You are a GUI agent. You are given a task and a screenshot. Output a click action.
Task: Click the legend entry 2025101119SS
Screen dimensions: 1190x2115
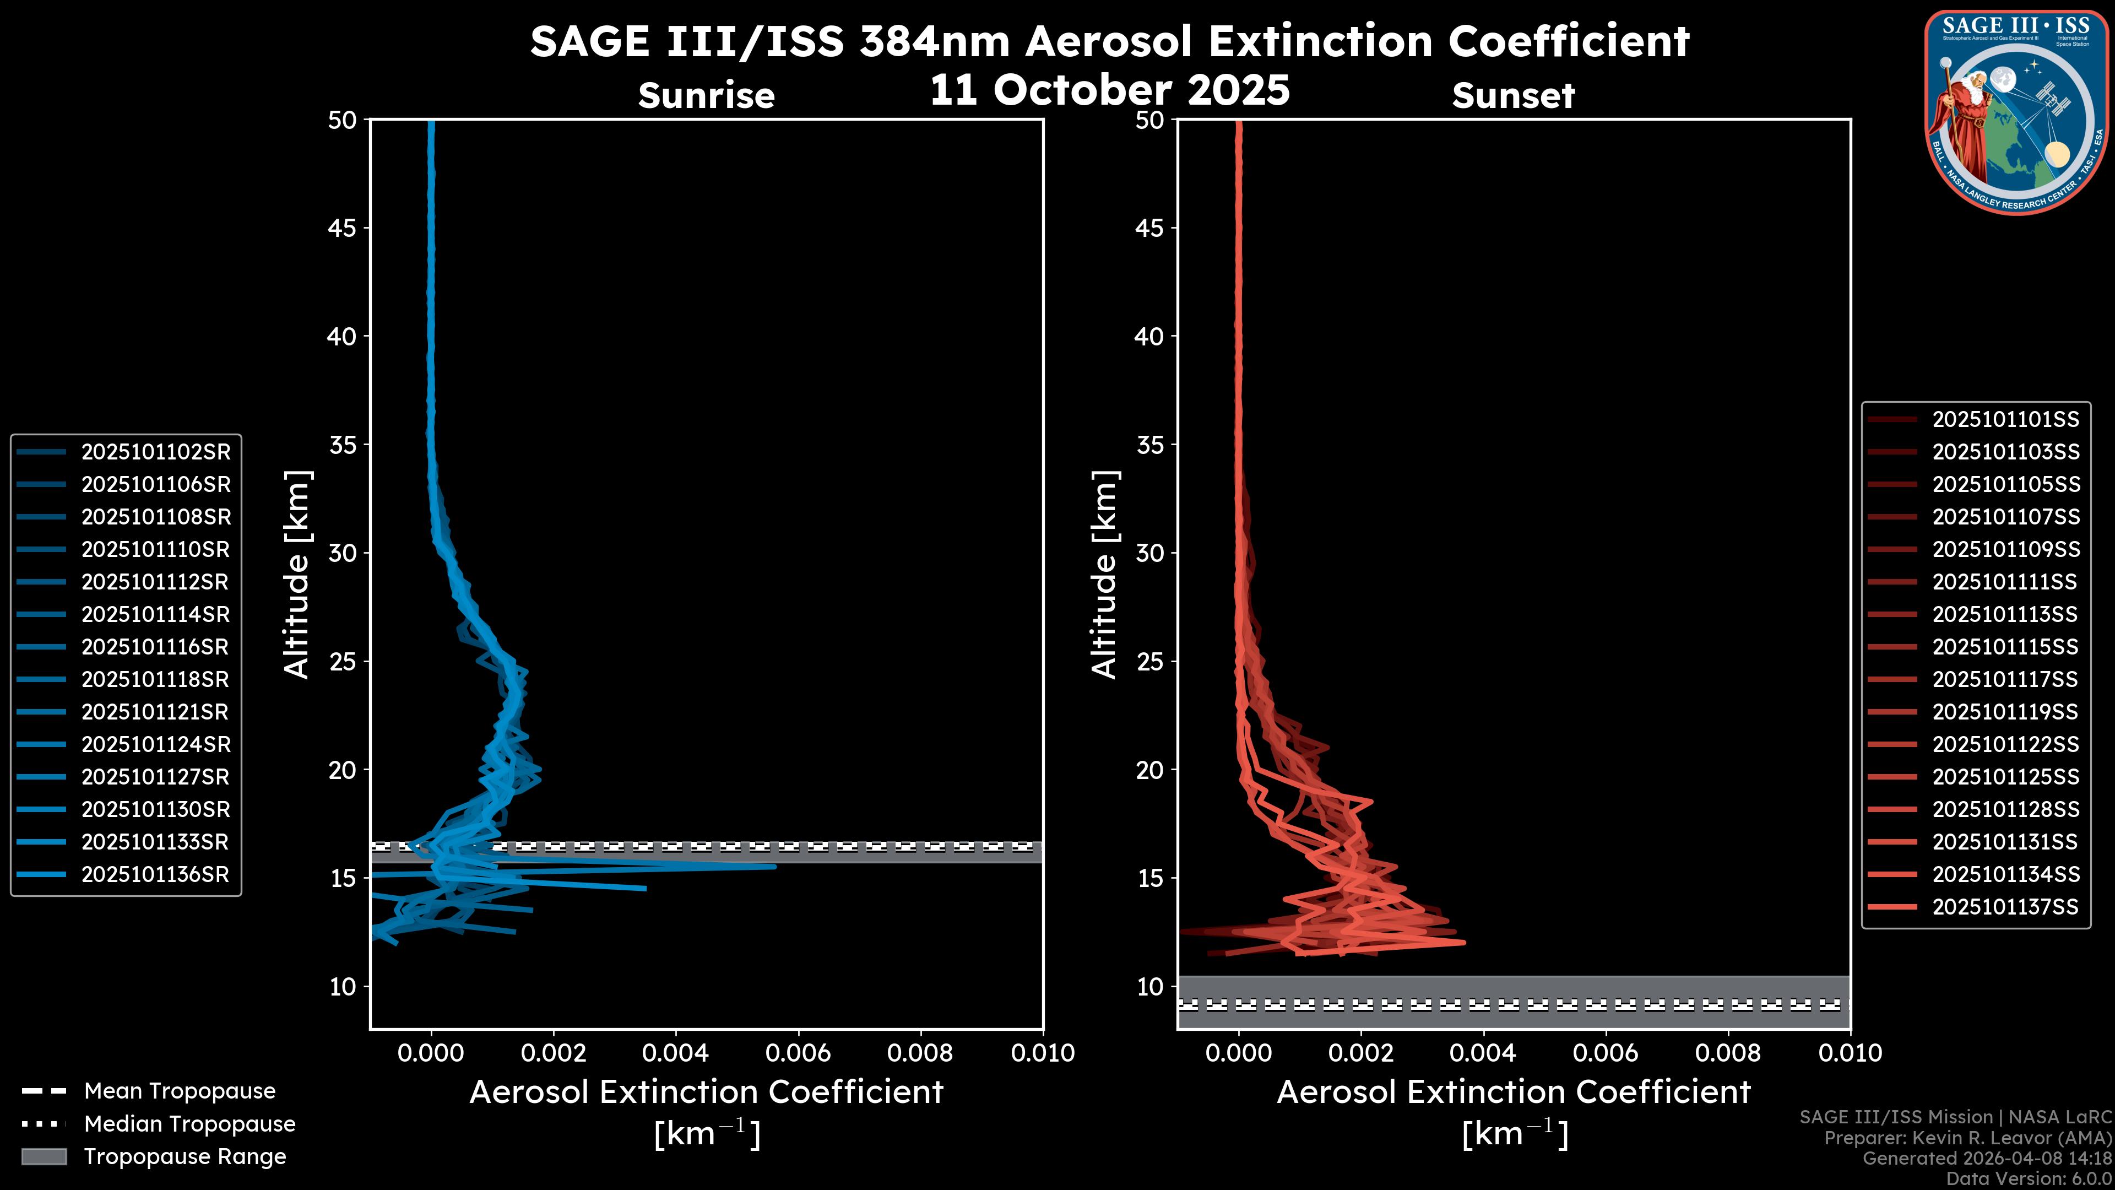pos(2005,711)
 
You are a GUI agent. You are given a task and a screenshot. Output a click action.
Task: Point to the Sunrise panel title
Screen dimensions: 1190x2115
pos(706,96)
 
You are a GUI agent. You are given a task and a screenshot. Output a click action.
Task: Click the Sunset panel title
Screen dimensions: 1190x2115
pos(1513,96)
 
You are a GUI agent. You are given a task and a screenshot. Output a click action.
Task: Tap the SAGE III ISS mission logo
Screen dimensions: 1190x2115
pos(2016,112)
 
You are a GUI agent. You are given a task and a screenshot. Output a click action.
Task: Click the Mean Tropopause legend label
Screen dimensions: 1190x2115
pos(180,1091)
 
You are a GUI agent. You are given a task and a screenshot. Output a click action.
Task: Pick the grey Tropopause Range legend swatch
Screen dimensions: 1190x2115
pos(44,1156)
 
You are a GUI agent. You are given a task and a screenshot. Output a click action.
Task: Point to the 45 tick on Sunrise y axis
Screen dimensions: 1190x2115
pos(343,228)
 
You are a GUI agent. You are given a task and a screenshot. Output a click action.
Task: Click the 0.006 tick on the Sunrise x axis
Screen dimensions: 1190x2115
pos(798,1053)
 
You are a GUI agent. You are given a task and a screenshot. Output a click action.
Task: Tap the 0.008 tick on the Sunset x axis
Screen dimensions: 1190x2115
pos(1728,1053)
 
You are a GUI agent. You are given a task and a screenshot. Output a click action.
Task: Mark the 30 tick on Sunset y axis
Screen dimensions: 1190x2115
pos(1150,553)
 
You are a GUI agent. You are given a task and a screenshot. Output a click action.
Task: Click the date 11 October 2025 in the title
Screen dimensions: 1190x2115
pos(1109,90)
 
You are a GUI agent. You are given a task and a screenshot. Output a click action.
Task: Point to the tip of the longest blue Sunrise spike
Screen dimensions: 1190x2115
pos(775,866)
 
